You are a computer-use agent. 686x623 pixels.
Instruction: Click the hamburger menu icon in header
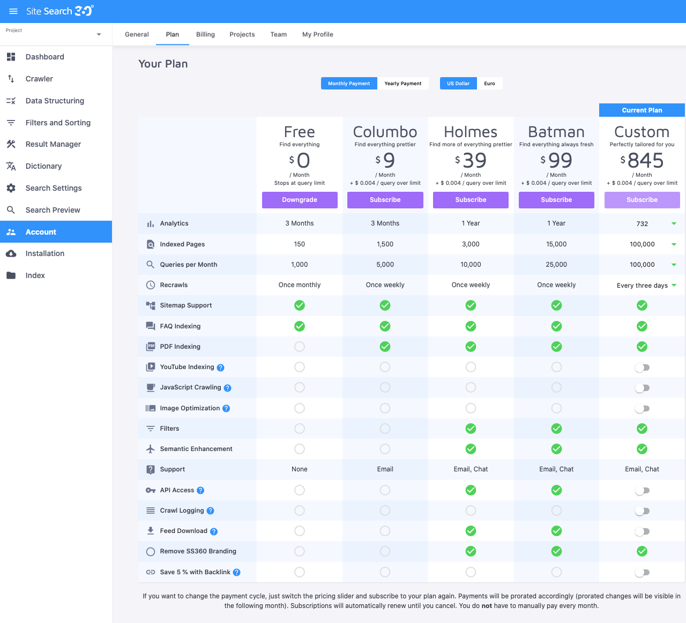[x=13, y=11]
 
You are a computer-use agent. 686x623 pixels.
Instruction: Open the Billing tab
[x=205, y=34]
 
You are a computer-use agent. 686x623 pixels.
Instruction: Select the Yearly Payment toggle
[x=402, y=84]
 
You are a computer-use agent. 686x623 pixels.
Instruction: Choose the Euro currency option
[x=489, y=84]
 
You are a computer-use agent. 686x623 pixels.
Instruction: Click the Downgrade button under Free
[x=300, y=200]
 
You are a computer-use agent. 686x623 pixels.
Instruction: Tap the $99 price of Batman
[x=556, y=160]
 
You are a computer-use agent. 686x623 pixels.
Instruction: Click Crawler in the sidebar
[x=39, y=79]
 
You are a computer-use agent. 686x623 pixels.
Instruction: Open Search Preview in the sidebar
[x=53, y=210]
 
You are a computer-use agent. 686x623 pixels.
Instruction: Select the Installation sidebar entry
[x=44, y=253]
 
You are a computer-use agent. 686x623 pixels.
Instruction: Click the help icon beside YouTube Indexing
[x=221, y=367]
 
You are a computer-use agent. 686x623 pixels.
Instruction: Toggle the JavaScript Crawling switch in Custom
[x=642, y=388]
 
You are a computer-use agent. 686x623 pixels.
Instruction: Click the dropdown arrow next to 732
[x=674, y=223]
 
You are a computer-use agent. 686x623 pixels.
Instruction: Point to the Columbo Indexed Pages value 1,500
[x=385, y=244]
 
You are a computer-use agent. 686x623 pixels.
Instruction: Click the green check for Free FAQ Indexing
[x=300, y=326]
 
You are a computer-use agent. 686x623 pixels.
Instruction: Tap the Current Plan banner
[x=642, y=110]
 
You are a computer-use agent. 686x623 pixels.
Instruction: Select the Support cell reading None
[x=300, y=469]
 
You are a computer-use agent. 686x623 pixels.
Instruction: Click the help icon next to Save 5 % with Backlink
[x=237, y=572]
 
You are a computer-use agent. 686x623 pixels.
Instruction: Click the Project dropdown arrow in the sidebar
[x=99, y=35]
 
